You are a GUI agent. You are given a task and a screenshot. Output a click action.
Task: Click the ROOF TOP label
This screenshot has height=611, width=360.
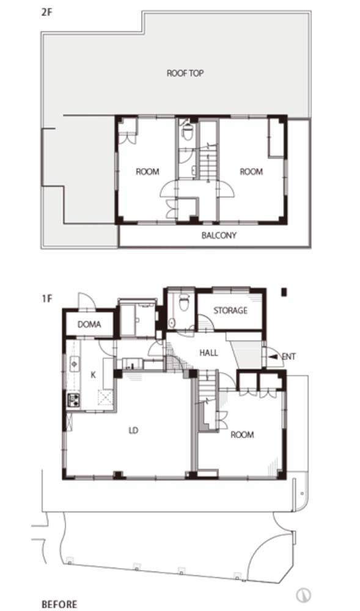pos(185,73)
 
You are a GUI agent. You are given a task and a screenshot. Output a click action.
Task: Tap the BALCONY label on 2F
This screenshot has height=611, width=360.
pos(219,235)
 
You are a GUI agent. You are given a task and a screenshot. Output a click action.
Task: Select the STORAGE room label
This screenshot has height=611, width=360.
pos(230,310)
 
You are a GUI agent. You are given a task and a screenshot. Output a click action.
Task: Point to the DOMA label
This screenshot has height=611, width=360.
pos(89,324)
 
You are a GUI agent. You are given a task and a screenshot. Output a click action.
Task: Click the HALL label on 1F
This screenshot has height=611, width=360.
pos(208,353)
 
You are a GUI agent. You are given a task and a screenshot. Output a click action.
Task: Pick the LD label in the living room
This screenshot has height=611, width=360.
pos(133,431)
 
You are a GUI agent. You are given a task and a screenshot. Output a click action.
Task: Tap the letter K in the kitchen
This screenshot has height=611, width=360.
pos(93,375)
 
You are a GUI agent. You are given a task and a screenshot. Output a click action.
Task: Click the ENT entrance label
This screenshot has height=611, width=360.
pos(288,356)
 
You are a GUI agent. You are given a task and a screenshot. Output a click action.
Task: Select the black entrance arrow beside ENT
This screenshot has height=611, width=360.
pos(274,356)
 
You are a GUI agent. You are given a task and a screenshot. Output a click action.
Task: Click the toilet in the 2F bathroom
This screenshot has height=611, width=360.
pos(188,132)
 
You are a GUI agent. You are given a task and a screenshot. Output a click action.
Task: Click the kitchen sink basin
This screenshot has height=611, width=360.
pos(75,364)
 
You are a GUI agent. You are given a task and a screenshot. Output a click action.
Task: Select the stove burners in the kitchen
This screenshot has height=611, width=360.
pos(73,400)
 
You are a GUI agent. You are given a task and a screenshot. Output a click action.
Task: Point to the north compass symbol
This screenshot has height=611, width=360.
pos(303,595)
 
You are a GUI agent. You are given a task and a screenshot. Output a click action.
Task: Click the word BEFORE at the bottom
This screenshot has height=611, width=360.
pos(59,604)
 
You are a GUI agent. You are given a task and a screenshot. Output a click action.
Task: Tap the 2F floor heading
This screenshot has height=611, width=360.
pos(46,11)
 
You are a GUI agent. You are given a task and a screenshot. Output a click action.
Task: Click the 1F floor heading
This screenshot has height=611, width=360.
pos(46,299)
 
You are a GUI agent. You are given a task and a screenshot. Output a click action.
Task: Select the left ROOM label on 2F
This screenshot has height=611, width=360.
pos(147,172)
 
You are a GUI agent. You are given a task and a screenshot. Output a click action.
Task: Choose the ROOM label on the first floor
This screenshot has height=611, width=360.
pos(242,434)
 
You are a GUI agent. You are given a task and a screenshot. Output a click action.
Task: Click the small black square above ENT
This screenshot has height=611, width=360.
pos(284,291)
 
